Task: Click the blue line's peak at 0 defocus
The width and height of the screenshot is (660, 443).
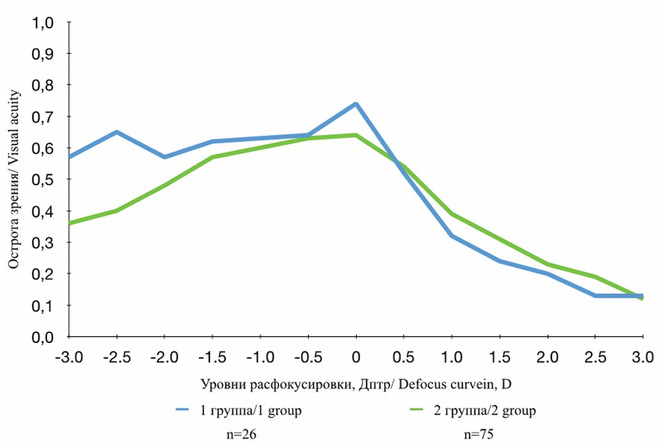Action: point(355,104)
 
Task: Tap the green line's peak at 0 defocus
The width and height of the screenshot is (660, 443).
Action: point(355,135)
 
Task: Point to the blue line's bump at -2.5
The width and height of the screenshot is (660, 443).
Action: point(117,132)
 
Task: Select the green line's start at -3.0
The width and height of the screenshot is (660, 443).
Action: point(69,223)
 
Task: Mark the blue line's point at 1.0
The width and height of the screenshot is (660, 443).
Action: point(451,236)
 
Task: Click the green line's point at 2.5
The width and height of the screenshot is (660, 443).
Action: point(594,277)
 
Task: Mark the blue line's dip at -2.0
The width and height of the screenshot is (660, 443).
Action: point(164,157)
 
